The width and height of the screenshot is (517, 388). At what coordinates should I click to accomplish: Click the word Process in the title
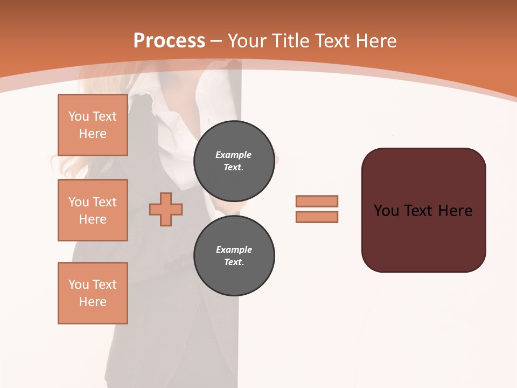tap(169, 41)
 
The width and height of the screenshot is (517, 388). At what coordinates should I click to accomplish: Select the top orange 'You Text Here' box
tap(93, 125)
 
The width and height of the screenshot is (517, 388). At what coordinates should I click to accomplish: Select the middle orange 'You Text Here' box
tap(93, 210)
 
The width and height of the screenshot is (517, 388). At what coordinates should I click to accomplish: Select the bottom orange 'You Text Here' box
tap(93, 293)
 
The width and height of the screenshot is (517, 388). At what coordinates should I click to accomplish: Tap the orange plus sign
tap(166, 209)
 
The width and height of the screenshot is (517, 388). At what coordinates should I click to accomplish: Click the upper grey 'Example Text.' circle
tap(234, 161)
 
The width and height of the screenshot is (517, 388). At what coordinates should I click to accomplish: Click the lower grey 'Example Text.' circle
tap(234, 255)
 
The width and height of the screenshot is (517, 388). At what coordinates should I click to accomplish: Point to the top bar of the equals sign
tap(317, 201)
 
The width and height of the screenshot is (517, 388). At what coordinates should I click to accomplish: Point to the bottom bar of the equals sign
tap(317, 217)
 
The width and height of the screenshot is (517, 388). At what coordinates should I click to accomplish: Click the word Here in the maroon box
tap(455, 211)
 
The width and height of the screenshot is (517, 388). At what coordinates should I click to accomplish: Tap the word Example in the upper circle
tap(234, 155)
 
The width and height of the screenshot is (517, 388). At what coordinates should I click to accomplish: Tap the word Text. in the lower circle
tap(234, 262)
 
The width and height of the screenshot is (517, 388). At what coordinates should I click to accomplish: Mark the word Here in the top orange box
tap(93, 134)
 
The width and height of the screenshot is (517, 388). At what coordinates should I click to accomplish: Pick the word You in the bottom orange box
tap(79, 285)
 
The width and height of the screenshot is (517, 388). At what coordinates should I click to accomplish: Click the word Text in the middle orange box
tap(104, 202)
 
